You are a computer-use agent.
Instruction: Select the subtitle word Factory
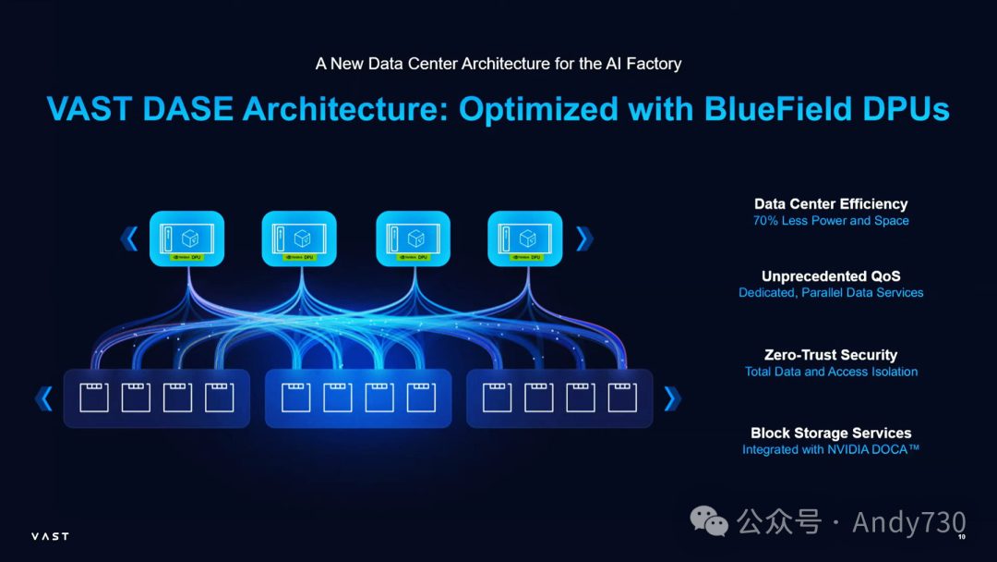tap(650, 64)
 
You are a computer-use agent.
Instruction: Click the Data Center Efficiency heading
tap(831, 204)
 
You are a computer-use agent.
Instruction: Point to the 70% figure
tap(765, 221)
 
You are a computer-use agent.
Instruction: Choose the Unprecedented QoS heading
tap(831, 276)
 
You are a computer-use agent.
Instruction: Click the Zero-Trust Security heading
tap(831, 355)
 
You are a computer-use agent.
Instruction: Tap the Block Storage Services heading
tap(831, 434)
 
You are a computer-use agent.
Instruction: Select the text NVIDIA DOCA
tap(867, 450)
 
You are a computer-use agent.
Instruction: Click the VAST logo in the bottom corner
tap(50, 536)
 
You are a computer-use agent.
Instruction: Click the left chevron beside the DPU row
tap(129, 239)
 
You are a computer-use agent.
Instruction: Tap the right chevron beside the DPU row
tap(583, 239)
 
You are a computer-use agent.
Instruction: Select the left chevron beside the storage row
tap(43, 398)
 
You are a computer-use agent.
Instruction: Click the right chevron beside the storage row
tap(671, 398)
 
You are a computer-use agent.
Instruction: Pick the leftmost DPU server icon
tap(187, 238)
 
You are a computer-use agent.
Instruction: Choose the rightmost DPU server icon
tap(525, 238)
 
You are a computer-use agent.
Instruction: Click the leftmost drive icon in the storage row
tap(94, 397)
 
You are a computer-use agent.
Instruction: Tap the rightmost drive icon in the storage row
tap(622, 397)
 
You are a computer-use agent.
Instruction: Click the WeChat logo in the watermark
tap(710, 521)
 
